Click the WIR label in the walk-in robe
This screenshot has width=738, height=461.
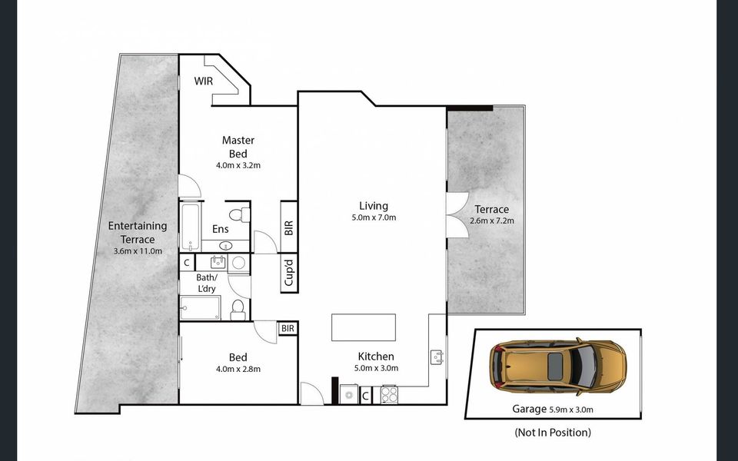(x=203, y=81)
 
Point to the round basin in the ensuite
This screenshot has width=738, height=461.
(x=225, y=246)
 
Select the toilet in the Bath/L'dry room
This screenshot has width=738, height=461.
(x=238, y=309)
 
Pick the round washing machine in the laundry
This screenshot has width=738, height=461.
(x=238, y=263)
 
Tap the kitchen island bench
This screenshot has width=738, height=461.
(x=364, y=327)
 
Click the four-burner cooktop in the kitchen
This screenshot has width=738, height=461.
(x=389, y=395)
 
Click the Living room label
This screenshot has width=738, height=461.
(x=374, y=206)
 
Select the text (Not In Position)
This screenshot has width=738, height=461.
(x=552, y=433)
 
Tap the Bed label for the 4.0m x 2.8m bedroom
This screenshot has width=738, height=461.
(x=238, y=357)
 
